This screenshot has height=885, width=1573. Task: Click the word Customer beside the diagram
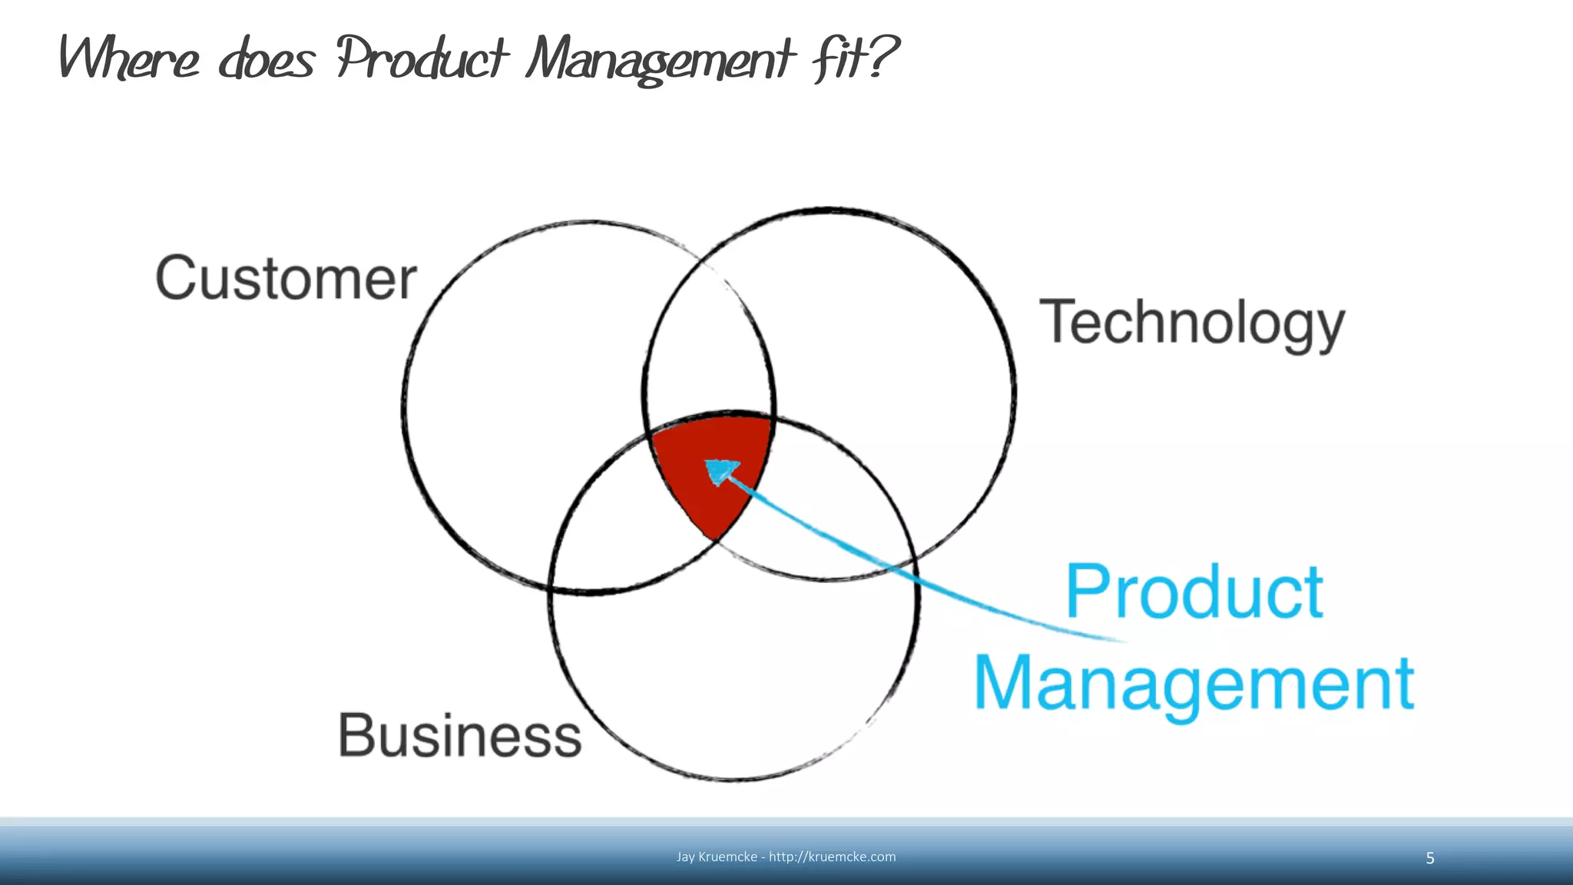(286, 278)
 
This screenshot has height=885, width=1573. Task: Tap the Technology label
(1191, 323)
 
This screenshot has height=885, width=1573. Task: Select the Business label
(459, 735)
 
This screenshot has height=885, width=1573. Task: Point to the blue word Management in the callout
(1194, 684)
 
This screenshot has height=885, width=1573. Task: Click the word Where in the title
(129, 58)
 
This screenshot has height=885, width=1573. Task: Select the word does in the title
(267, 60)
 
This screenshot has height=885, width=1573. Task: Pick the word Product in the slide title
(422, 58)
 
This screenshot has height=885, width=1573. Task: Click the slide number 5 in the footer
(1429, 858)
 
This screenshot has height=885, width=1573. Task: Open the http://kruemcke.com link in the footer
(832, 857)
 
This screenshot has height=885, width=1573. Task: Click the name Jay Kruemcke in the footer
(717, 857)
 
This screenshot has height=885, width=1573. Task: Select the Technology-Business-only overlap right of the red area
(814, 499)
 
